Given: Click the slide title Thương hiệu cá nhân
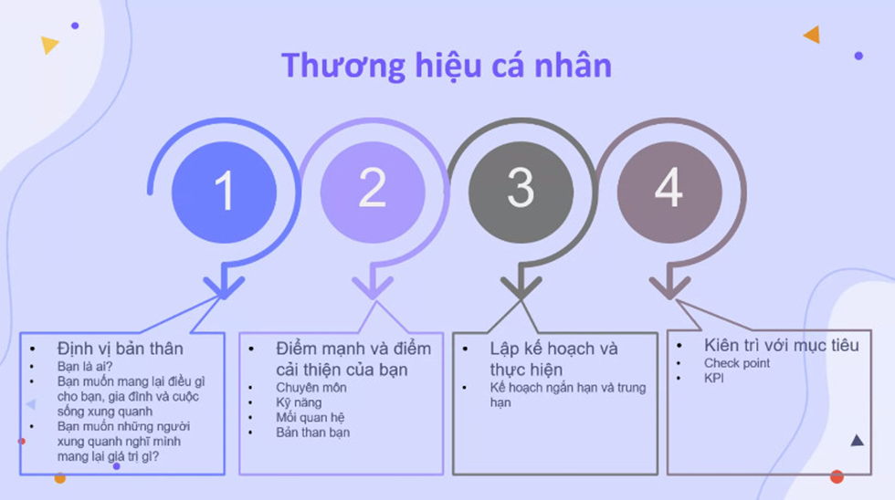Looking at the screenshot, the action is point(447,66).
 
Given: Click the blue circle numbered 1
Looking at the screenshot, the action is point(225,193).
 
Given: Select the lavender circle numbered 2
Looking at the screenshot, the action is point(373,193).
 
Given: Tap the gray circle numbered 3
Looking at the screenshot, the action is point(521,193).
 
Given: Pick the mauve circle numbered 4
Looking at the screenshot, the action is point(669,193).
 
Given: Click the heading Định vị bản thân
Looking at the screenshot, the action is point(120,349).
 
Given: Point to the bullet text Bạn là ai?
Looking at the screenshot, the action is point(84,366).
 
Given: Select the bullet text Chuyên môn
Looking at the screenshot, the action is point(311,388).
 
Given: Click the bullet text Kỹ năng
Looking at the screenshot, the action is point(299,402).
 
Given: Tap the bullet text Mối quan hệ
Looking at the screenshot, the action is point(310,417).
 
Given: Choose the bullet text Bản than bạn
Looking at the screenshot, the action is point(312,432).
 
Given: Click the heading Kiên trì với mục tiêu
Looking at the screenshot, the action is point(782,345).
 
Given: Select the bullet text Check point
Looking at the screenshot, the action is point(737,363).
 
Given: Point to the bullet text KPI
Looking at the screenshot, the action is point(713,378).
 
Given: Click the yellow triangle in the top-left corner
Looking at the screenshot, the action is point(49,45).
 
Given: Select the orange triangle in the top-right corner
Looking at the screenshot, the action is point(813,35).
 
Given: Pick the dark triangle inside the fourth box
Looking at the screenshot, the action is point(857,440).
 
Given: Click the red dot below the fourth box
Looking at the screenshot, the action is point(837,476).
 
